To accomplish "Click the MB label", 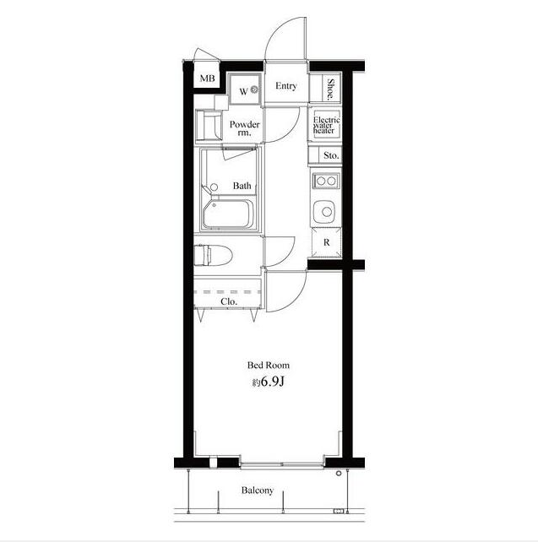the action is [x=208, y=79].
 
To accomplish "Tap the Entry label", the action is [x=286, y=86].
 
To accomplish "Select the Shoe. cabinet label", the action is [x=331, y=89].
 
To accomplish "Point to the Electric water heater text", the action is [x=326, y=125].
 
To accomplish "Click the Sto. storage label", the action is [x=331, y=155].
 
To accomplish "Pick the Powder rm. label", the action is [x=244, y=128].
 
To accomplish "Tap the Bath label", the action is [x=242, y=186].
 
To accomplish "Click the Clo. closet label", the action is [x=229, y=301].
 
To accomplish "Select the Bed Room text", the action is [x=269, y=365].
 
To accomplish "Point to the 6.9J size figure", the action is [x=272, y=382].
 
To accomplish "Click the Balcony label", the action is [x=258, y=491].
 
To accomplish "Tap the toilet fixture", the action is [x=213, y=255].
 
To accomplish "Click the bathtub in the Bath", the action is [x=228, y=214].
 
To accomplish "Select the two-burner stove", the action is [x=326, y=181].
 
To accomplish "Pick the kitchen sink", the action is [x=324, y=211].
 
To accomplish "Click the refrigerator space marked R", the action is [x=326, y=242].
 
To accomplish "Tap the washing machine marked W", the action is [x=245, y=89].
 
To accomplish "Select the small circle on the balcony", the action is [x=339, y=474].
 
